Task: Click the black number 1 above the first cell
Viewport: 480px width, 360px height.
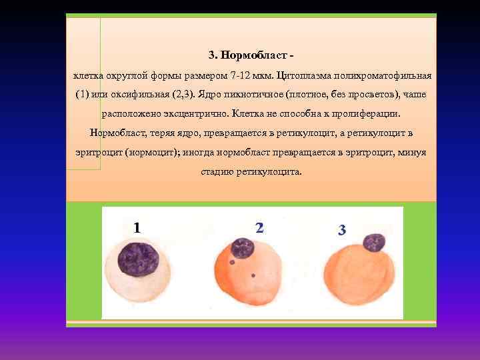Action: pyautogui.click(x=137, y=228)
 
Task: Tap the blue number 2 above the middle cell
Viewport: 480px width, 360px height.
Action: pyautogui.click(x=259, y=228)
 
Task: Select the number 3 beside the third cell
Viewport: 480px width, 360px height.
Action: pyautogui.click(x=342, y=231)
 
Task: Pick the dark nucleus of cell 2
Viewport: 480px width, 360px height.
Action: pyautogui.click(x=242, y=248)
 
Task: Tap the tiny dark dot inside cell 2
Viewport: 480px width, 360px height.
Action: pyautogui.click(x=253, y=275)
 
